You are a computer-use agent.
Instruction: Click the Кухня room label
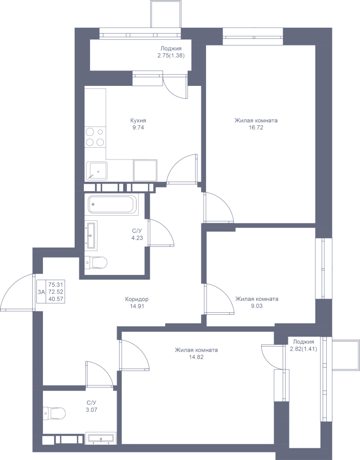click(138, 121)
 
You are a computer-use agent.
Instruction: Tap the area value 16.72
click(256, 128)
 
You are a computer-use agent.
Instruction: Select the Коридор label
click(137, 299)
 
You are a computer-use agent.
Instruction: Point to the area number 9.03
click(257, 306)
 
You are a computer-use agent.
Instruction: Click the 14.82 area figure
click(196, 357)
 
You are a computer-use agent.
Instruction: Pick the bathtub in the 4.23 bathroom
click(113, 204)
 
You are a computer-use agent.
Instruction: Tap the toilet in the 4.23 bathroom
click(96, 262)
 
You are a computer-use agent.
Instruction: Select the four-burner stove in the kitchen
click(95, 137)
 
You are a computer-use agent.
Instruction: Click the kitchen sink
click(97, 171)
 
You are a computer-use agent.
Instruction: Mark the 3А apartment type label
click(41, 292)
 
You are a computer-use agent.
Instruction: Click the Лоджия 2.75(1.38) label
click(171, 52)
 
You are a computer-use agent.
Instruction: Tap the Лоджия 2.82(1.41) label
click(303, 346)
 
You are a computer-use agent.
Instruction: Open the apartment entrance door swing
click(17, 292)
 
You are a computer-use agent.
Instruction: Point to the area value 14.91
click(137, 306)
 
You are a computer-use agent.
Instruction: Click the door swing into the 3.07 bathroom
click(99, 374)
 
